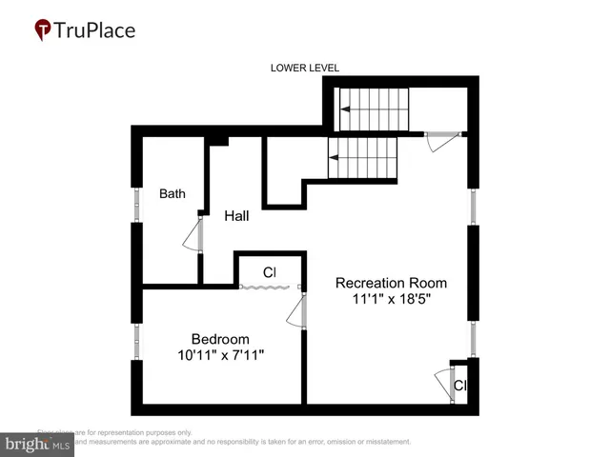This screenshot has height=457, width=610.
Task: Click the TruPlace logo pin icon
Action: pos(42,30)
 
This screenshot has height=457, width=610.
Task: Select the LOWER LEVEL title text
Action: pos(305,68)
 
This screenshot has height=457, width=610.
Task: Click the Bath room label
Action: pos(173,194)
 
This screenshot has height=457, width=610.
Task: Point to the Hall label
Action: pos(236,216)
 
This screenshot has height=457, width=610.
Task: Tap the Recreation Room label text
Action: pos(391,283)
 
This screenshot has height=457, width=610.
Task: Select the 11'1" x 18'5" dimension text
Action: pos(391,300)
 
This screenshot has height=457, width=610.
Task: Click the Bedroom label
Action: pos(220,339)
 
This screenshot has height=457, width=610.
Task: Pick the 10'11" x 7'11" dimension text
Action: pos(220,355)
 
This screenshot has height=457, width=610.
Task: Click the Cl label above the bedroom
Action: pos(270,273)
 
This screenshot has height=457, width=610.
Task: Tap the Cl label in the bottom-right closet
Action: pos(459,386)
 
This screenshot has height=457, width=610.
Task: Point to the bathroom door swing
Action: pos(193,233)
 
